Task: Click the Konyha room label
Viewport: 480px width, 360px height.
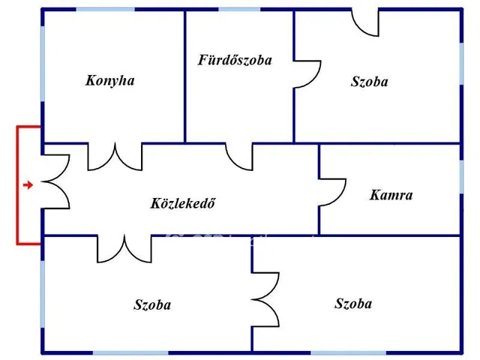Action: pos(110,80)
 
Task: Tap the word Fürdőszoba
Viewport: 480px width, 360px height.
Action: pos(235,60)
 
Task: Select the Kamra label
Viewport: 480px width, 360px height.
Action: pos(391,195)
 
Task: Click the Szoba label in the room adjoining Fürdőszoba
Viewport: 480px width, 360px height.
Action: pos(369,82)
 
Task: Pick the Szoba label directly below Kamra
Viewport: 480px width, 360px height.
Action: pos(353,304)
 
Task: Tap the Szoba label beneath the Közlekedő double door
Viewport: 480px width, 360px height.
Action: pos(152,304)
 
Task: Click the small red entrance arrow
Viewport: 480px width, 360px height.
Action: pos(28,184)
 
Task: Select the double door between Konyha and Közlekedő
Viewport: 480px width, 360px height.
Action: pos(115,156)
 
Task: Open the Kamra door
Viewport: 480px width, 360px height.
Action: pos(333,191)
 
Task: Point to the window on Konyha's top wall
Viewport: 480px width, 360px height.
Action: pos(105,9)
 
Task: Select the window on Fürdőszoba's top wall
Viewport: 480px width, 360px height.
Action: pos(239,9)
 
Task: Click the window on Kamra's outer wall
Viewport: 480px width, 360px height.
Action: pos(461,176)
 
